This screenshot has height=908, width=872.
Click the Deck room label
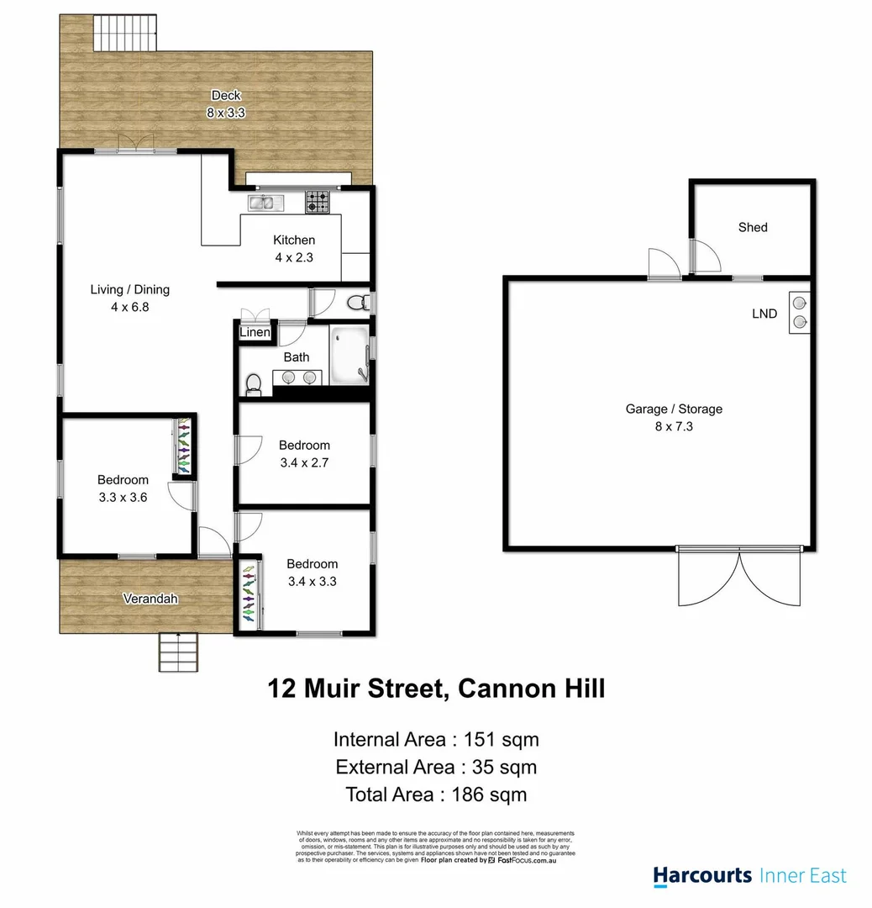226,96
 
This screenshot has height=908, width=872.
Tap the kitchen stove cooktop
317,202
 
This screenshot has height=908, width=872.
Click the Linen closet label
255,333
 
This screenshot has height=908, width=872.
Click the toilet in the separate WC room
357,302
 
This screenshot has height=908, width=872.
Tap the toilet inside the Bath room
252,384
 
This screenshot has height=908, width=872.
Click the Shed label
753,227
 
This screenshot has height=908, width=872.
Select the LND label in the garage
764,314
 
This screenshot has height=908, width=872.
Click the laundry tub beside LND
799,312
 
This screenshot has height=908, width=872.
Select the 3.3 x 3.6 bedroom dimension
123,496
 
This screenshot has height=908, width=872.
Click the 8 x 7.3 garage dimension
674,426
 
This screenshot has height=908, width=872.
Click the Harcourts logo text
702,875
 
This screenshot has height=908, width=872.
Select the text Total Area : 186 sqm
436,794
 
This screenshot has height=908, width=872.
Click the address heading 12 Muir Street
355,689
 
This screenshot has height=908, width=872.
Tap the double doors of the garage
738,578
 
